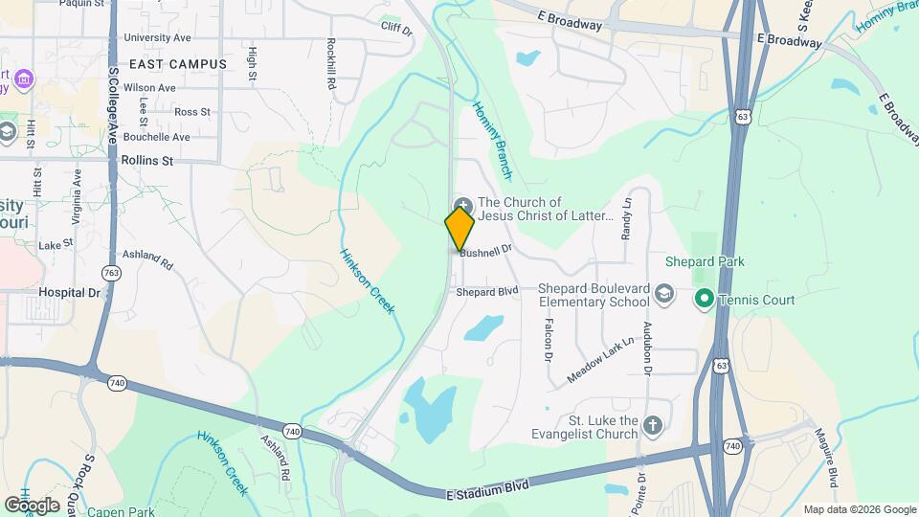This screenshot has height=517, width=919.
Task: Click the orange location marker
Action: tap(459, 229)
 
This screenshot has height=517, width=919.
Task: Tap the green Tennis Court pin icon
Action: tap(704, 300)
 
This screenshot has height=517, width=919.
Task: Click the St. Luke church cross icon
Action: tap(653, 424)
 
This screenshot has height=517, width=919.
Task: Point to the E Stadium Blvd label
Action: tap(487, 489)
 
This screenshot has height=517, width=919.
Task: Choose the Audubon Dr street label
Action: tap(648, 347)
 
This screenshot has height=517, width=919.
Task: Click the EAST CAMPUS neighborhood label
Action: tap(178, 64)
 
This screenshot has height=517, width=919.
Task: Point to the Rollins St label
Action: tap(146, 161)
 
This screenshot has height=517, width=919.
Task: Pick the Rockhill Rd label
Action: tap(331, 64)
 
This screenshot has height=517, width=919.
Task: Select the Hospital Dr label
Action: tap(69, 292)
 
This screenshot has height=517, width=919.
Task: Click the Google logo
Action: tap(32, 505)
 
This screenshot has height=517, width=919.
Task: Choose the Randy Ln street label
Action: tap(627, 217)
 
